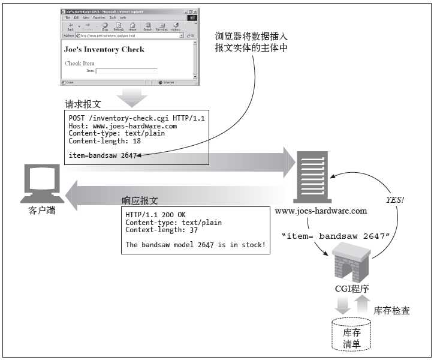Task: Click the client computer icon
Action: tap(42, 183)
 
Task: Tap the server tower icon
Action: tap(311, 176)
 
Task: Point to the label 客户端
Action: tap(42, 211)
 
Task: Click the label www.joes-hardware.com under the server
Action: tap(321, 211)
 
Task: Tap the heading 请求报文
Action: tap(83, 104)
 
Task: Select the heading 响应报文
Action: tap(140, 200)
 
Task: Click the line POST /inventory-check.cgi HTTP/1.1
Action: tap(137, 118)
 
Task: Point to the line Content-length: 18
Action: tap(105, 142)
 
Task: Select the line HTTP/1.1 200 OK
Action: tap(156, 215)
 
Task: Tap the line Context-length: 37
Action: tap(162, 230)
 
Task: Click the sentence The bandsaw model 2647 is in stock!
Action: tap(195, 245)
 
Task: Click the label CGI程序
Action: tap(352, 289)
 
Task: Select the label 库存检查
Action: tap(391, 311)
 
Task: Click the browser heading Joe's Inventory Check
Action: tap(104, 49)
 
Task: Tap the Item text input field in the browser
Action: tap(126, 71)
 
